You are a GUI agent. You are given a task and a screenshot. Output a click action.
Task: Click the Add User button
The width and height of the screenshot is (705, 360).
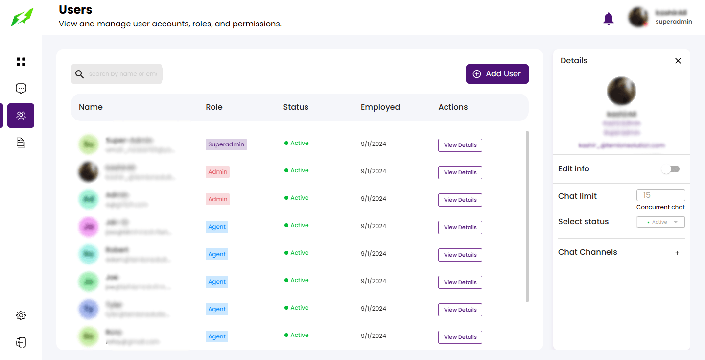[497, 74]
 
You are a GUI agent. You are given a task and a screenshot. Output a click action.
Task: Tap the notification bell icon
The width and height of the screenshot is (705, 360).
[609, 19]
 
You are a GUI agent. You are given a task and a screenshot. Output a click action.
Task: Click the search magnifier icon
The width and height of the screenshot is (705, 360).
[80, 74]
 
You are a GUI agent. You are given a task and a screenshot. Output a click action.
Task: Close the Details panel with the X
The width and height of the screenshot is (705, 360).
[678, 61]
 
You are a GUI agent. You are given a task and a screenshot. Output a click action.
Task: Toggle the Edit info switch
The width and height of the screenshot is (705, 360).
[670, 169]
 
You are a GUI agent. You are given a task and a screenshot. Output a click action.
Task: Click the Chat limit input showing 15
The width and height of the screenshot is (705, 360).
[660, 195]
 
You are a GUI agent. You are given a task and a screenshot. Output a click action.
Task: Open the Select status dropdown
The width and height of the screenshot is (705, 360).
[660, 222]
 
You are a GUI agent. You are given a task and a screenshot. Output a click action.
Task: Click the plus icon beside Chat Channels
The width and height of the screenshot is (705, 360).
[678, 253]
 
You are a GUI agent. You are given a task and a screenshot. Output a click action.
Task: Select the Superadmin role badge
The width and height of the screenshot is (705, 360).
[226, 144]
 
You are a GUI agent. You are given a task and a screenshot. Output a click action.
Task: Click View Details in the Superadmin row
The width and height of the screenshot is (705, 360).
[460, 145]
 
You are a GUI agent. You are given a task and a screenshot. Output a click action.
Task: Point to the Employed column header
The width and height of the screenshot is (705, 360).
[380, 107]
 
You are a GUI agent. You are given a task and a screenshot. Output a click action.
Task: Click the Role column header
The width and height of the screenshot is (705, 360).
[214, 107]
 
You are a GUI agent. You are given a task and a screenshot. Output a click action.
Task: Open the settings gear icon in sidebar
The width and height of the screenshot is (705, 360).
[21, 315]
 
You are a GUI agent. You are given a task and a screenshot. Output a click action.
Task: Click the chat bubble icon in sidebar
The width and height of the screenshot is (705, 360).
[21, 89]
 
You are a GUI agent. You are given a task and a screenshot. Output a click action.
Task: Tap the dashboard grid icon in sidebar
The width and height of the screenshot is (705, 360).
[21, 62]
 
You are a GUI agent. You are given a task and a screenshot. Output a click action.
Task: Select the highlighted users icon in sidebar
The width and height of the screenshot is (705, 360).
[21, 116]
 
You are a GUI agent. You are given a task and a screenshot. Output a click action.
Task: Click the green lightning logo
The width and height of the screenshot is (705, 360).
[23, 17]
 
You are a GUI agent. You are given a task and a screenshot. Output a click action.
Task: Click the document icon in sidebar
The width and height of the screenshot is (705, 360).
[21, 143]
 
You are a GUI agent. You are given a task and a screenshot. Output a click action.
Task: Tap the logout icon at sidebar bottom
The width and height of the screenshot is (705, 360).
[21, 342]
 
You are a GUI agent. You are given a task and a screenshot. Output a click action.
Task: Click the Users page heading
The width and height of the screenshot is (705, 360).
[75, 10]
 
